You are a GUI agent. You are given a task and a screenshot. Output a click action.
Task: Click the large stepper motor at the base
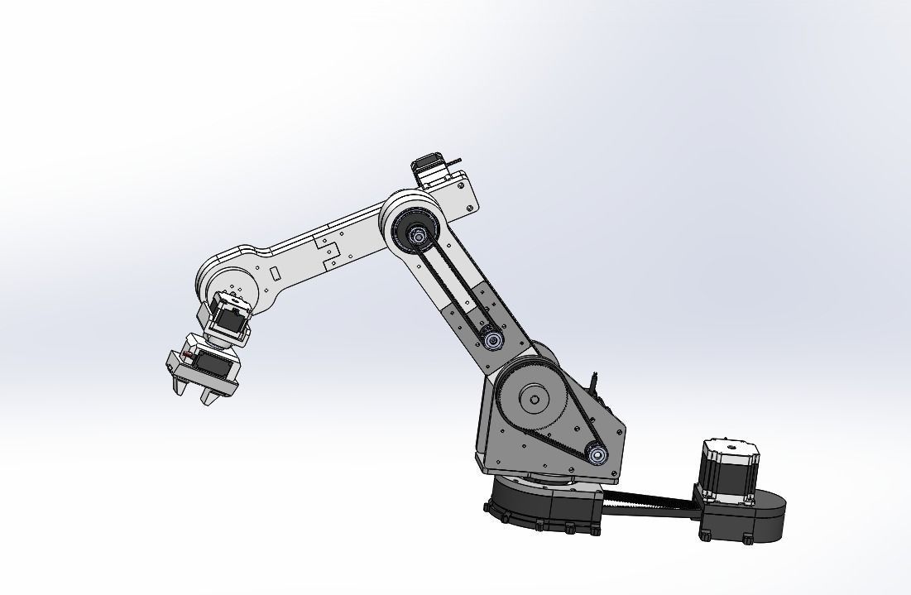click(x=729, y=472)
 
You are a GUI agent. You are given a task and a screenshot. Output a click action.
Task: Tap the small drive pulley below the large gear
click(x=595, y=453)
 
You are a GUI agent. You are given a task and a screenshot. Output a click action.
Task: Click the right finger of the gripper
click(x=212, y=396)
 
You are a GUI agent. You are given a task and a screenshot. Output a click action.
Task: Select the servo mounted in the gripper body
click(x=214, y=364)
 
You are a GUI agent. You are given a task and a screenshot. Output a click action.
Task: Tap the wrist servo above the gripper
click(x=230, y=319)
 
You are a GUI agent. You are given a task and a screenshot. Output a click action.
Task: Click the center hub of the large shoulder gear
click(x=535, y=401)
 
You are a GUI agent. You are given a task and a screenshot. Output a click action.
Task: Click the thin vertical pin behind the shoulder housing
click(x=594, y=383)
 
